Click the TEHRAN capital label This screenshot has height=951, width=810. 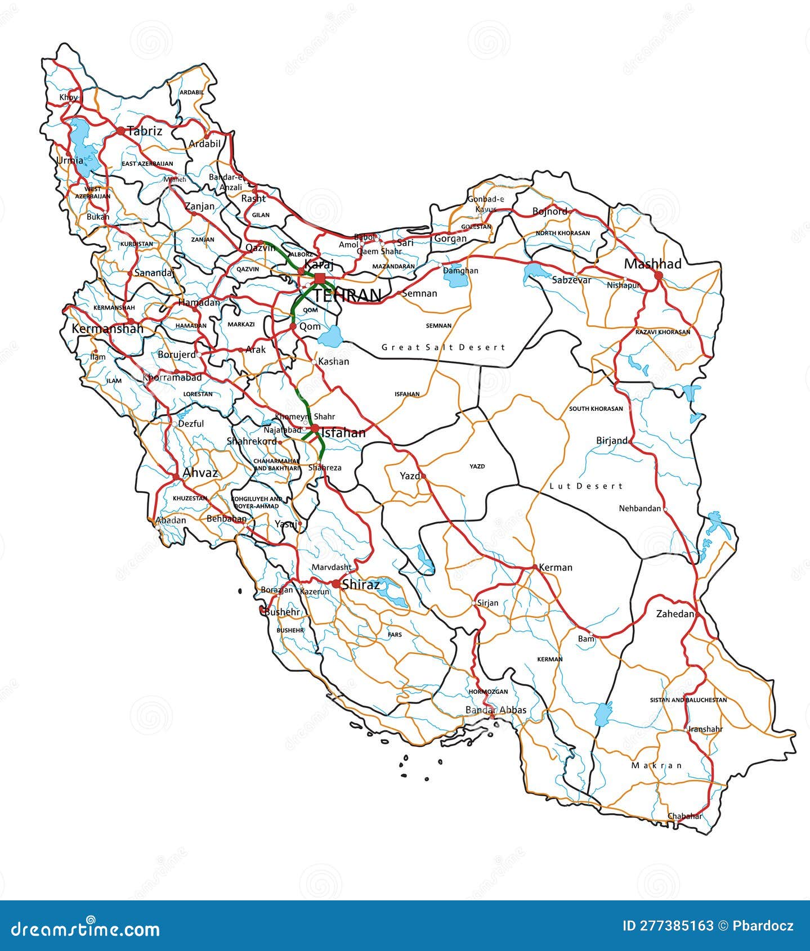(347, 295)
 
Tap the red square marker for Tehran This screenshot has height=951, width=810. (320, 279)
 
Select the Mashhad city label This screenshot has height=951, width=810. (652, 264)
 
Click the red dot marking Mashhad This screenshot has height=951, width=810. (658, 276)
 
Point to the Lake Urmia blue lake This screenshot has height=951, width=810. (83, 146)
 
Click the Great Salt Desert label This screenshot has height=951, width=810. (444, 347)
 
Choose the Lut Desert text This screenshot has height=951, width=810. (586, 486)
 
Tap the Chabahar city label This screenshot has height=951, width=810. (684, 816)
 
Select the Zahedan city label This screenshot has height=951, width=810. (675, 614)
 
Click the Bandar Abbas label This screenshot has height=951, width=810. (496, 710)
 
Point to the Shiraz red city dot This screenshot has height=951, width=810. (336, 585)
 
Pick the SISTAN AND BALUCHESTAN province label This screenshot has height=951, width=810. (688, 700)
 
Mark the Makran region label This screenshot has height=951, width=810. (656, 765)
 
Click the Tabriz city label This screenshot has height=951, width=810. (145, 131)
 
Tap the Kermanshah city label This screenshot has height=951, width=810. (108, 329)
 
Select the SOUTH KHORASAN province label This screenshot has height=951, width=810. (596, 409)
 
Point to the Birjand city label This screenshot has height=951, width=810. (611, 441)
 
